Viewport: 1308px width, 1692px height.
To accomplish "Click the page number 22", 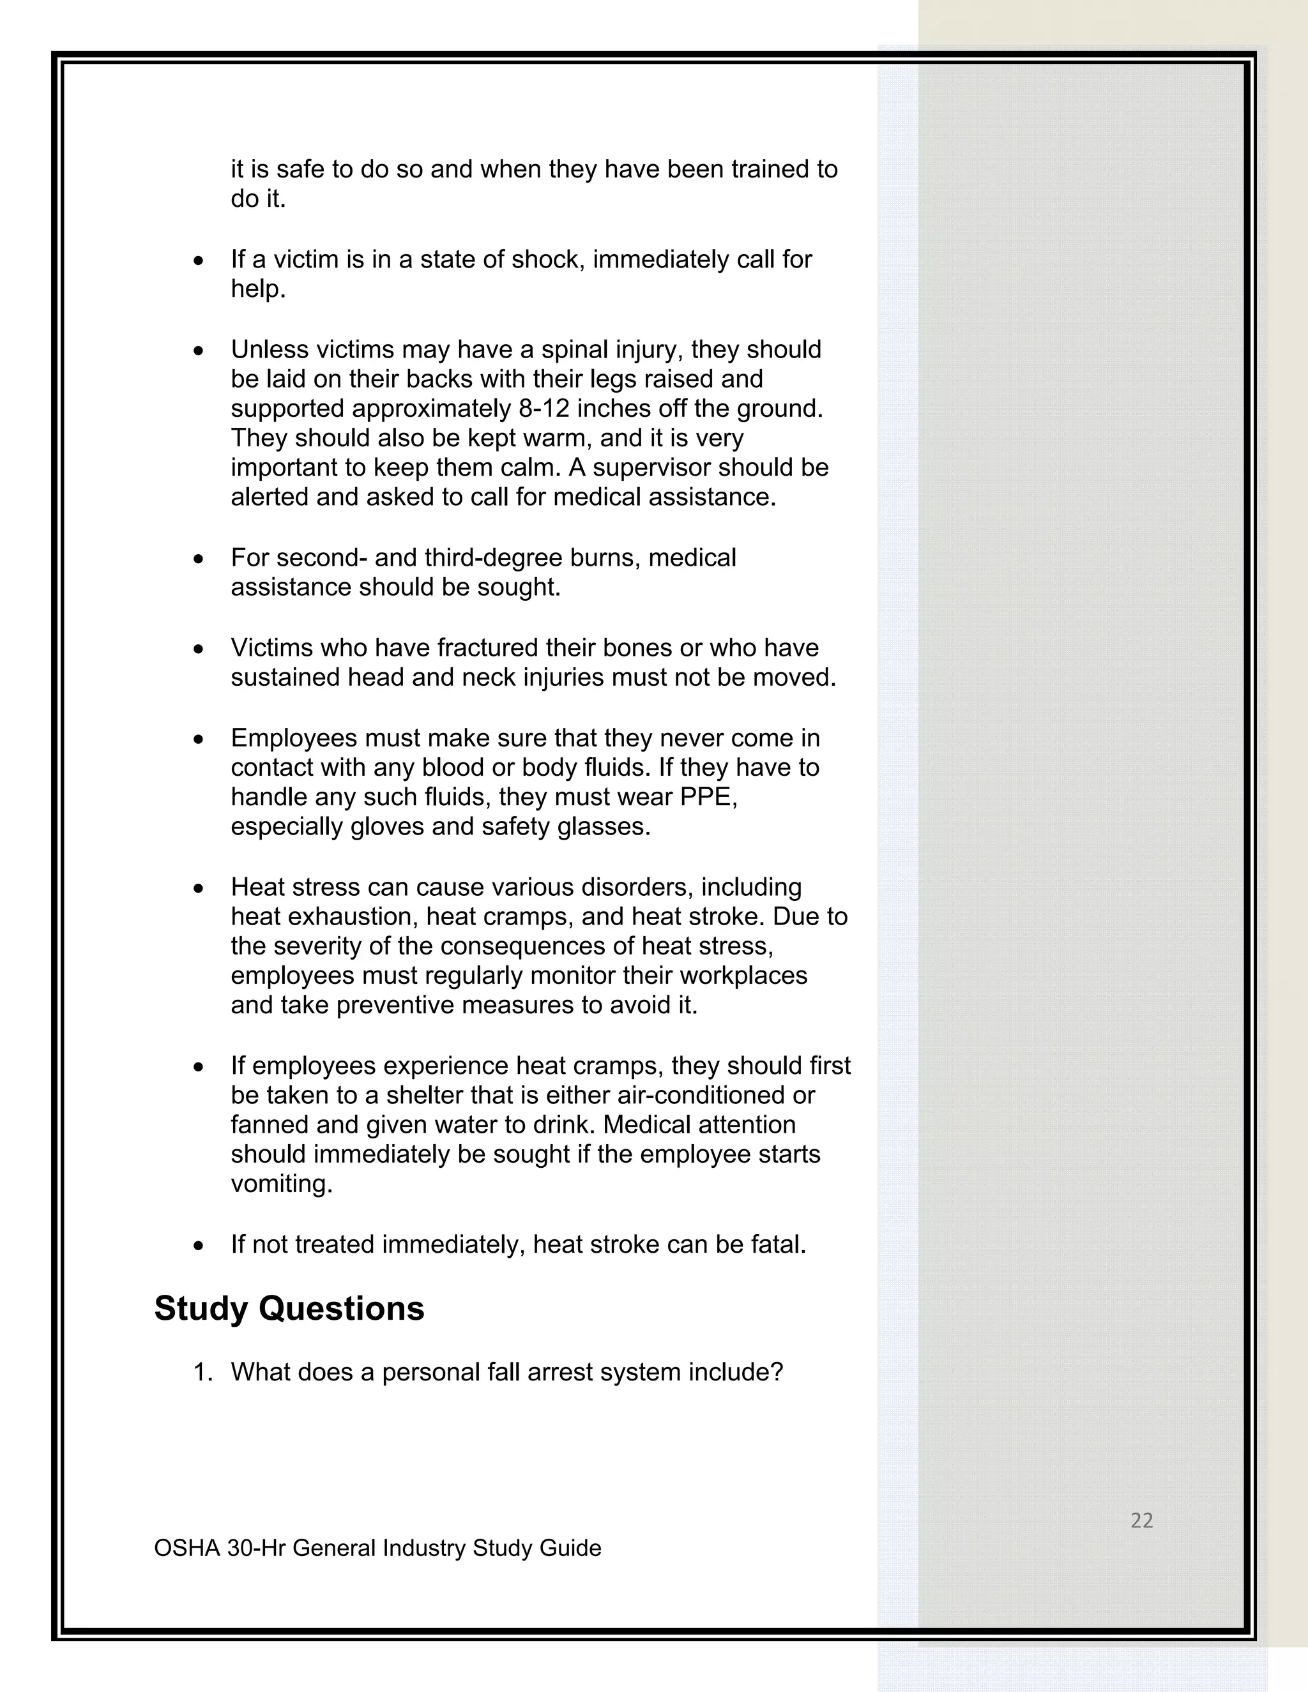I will (x=1141, y=1520).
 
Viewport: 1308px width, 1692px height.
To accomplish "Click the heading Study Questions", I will (x=289, y=1308).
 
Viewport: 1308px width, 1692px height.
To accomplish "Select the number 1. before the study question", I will (x=202, y=1372).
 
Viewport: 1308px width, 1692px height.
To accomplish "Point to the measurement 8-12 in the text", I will (x=544, y=408).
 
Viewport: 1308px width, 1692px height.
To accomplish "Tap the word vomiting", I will (x=281, y=1184).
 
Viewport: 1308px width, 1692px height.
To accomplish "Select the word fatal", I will (x=778, y=1244).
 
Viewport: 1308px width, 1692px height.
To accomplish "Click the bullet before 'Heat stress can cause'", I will (x=199, y=889).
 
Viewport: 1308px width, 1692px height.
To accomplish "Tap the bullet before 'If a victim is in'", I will (x=199, y=261).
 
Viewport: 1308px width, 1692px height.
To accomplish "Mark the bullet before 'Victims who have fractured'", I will (x=199, y=649).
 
